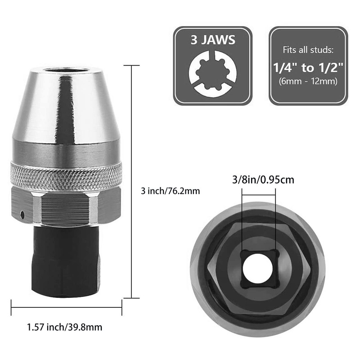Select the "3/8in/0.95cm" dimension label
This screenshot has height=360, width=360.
[259, 180]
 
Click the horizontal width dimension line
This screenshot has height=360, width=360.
[66, 307]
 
